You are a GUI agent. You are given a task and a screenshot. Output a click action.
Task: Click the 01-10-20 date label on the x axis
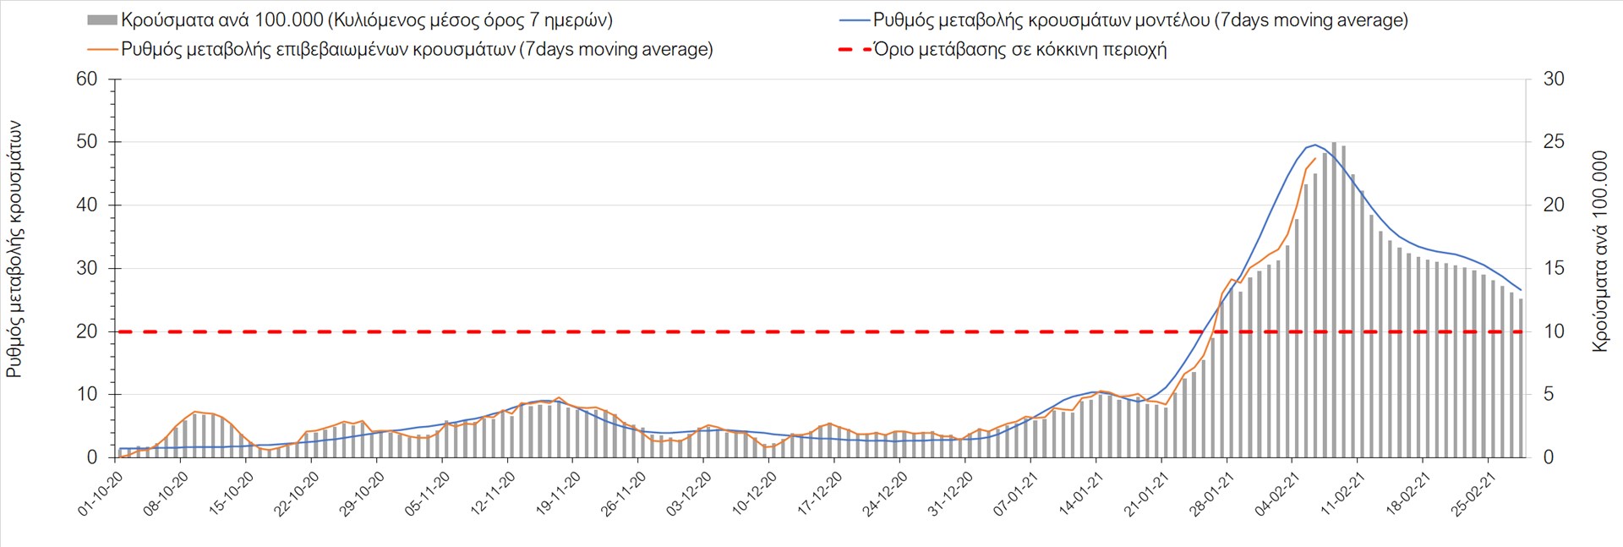tap(101, 494)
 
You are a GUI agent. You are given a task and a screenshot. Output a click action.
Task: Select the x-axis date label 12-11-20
tap(494, 494)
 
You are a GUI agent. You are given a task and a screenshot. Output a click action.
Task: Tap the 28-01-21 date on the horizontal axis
tap(1212, 494)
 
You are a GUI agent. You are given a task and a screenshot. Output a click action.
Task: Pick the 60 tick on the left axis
tap(87, 79)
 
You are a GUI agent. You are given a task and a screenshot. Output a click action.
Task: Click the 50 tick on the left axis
tap(87, 142)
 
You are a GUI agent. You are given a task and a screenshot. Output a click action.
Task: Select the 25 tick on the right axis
tap(1554, 142)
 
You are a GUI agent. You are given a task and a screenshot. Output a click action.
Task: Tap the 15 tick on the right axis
tap(1554, 268)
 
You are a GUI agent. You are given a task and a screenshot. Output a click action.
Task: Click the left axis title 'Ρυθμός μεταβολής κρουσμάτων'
tap(14, 249)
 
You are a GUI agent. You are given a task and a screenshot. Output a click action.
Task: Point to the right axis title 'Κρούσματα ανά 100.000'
tap(1599, 251)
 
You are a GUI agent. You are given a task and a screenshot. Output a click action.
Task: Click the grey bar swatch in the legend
tap(101, 20)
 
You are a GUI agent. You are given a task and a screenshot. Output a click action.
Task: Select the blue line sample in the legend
tap(855, 20)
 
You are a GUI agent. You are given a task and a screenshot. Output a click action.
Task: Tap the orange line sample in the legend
tap(101, 49)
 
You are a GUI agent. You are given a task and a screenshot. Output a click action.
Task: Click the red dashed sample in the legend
tap(855, 49)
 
